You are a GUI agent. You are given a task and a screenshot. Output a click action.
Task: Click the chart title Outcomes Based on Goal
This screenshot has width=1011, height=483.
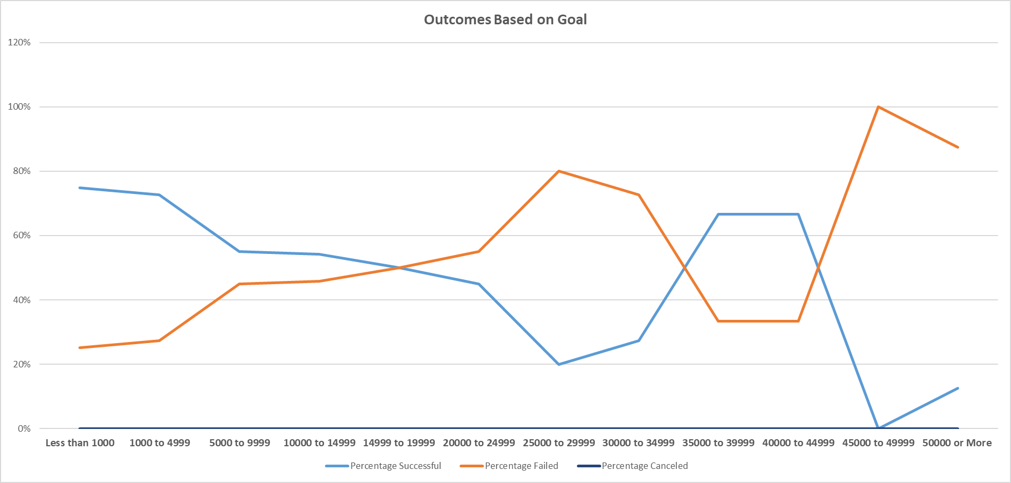tap(505, 19)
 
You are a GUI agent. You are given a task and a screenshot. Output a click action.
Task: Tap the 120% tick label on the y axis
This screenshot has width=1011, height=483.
tap(19, 42)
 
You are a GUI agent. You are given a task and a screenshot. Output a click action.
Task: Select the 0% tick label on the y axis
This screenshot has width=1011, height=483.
tap(24, 428)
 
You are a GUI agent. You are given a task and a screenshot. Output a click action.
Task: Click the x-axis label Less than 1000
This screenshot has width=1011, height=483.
tap(80, 443)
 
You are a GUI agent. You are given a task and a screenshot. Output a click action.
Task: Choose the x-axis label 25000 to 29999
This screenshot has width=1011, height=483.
tap(558, 443)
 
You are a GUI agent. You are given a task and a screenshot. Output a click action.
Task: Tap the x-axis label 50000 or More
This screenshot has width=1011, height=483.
tap(957, 443)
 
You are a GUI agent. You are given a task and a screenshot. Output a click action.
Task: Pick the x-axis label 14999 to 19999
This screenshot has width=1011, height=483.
tap(399, 443)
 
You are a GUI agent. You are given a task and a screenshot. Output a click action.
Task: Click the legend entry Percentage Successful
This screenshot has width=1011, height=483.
tap(395, 466)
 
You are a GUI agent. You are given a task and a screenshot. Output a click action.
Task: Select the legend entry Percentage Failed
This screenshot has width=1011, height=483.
tap(521, 466)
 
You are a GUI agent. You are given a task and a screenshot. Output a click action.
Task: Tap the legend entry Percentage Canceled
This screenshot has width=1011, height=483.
tap(644, 466)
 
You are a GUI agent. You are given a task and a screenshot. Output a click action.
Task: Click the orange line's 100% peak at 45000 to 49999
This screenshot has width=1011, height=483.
tap(879, 107)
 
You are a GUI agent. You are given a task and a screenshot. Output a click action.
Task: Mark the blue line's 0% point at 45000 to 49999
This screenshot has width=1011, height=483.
tap(878, 428)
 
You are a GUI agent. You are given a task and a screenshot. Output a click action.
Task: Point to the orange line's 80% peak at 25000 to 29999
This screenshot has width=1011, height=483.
tap(558, 171)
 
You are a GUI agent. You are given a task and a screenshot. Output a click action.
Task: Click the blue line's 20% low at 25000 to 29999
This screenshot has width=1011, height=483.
tap(558, 364)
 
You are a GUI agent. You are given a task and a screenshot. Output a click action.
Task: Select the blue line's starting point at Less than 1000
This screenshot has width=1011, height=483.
tap(80, 187)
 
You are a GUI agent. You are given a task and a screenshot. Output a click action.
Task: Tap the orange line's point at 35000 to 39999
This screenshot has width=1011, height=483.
tap(719, 321)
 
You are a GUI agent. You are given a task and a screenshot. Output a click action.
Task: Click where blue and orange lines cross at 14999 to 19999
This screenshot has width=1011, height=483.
tap(399, 267)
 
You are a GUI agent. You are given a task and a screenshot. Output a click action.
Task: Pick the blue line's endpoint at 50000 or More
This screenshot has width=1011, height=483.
tap(957, 388)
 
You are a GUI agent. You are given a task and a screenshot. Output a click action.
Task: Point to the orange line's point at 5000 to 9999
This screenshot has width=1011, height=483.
tap(240, 284)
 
